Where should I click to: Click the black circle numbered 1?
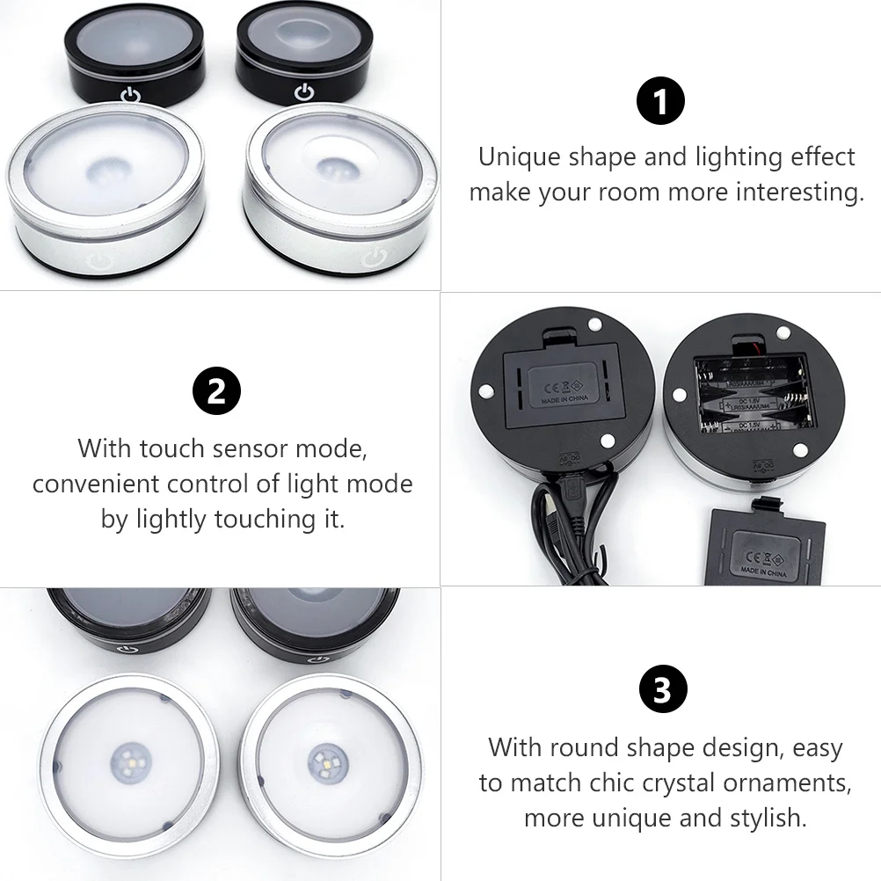(x=659, y=102)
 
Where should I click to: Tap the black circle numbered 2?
(x=216, y=391)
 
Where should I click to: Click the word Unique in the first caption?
(x=520, y=157)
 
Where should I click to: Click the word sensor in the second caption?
(x=247, y=448)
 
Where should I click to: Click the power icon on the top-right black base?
(x=304, y=91)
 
